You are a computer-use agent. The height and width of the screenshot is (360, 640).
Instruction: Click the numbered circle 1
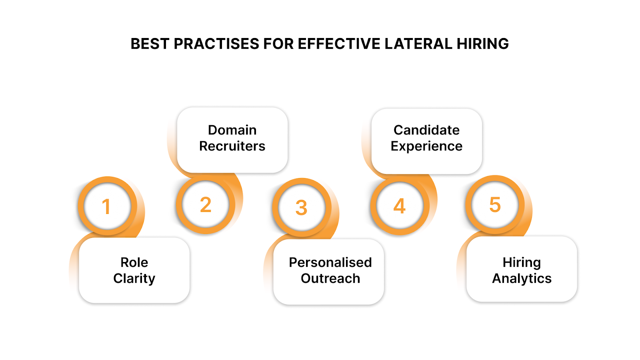click(107, 206)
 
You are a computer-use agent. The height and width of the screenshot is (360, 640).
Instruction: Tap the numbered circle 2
click(205, 204)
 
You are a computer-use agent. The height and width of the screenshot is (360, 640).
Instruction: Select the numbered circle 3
click(302, 207)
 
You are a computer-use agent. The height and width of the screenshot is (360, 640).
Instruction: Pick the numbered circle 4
click(400, 206)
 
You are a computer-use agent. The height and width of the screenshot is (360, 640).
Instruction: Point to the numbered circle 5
click(495, 204)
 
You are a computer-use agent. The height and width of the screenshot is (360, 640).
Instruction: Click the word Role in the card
click(134, 262)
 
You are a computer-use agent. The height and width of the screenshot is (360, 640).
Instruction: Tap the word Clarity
click(134, 278)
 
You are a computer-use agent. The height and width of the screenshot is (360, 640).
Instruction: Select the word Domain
click(232, 130)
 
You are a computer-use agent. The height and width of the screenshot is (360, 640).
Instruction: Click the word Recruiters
click(232, 146)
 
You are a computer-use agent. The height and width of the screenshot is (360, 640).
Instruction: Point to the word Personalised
click(330, 262)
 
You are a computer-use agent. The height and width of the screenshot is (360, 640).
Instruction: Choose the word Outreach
click(330, 278)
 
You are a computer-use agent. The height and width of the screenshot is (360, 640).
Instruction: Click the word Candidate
click(426, 130)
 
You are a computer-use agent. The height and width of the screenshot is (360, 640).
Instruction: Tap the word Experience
click(426, 146)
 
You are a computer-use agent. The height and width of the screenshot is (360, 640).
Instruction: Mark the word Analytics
click(522, 278)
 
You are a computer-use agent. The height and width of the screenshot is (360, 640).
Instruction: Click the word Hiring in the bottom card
click(522, 262)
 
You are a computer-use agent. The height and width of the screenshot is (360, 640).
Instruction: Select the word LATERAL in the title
click(418, 44)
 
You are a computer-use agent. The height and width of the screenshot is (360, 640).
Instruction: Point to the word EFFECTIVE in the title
click(339, 44)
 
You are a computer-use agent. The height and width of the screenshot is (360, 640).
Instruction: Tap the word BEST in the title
click(150, 44)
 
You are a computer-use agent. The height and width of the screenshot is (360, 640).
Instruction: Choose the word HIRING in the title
click(483, 44)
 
